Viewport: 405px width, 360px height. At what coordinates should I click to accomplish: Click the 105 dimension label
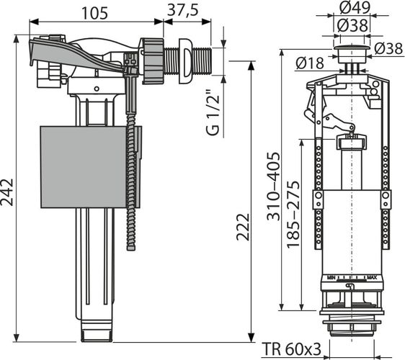coord(94,13)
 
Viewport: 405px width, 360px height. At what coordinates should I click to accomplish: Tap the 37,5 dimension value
coord(183,10)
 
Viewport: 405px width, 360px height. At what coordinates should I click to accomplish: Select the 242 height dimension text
coord(6,192)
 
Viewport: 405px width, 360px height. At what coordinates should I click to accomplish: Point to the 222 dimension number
coord(243,227)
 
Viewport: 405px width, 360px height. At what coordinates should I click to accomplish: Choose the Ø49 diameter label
coord(355,8)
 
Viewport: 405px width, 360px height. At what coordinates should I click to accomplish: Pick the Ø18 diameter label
coord(310,63)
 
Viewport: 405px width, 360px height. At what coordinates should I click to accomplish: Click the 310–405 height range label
coord(273,186)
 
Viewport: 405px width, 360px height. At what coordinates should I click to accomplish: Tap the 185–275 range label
coord(293,215)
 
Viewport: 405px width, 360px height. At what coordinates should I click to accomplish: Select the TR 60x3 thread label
coord(291,349)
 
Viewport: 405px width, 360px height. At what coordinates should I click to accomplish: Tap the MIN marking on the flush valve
coord(331,278)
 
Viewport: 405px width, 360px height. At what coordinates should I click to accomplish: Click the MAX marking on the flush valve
coord(372,278)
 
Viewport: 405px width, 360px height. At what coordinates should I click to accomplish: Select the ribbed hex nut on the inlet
coord(152,61)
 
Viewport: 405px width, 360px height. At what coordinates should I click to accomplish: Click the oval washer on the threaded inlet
coord(185,61)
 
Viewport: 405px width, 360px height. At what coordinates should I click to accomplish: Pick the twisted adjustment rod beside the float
coord(131,181)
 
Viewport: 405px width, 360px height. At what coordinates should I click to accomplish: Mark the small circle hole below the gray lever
coord(97,89)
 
